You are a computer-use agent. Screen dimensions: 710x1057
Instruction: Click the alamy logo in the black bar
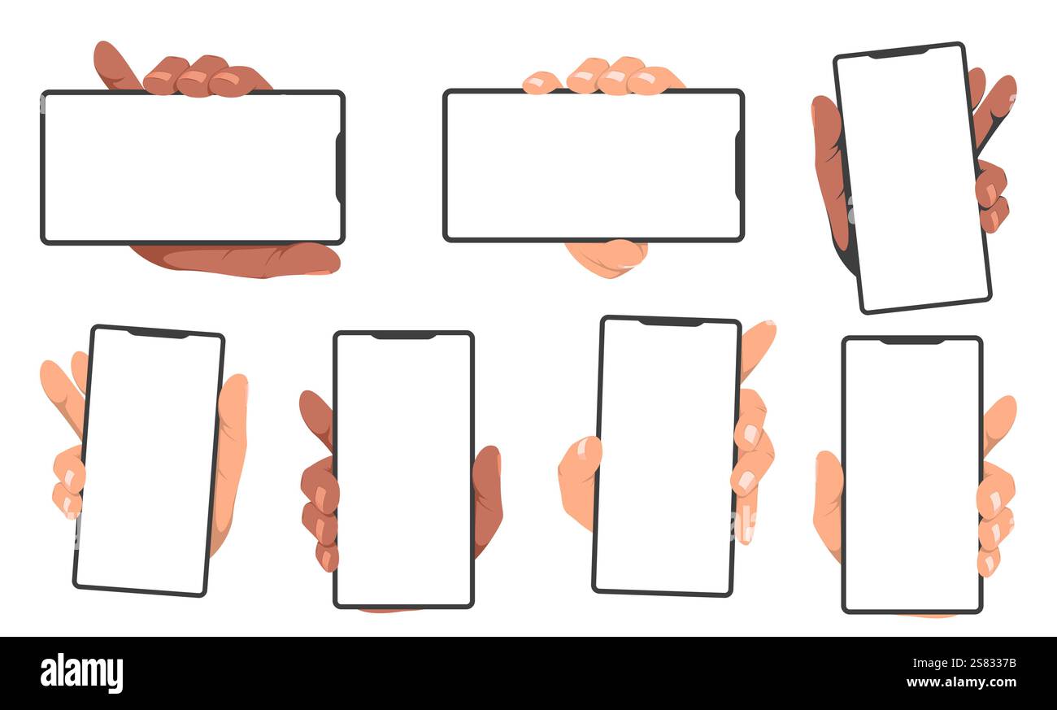(81, 673)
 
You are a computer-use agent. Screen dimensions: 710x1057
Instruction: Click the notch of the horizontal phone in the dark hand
(339, 168)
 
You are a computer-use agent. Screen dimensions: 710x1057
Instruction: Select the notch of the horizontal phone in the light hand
(738, 166)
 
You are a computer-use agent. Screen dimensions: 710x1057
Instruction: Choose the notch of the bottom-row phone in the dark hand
(403, 336)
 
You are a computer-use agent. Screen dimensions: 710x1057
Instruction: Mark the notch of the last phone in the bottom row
(911, 340)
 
